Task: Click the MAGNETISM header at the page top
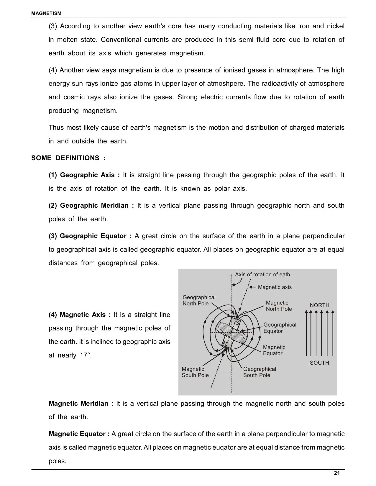(x=46, y=13)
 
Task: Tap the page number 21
(x=337, y=473)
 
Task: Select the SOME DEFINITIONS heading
(x=68, y=158)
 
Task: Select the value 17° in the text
(x=85, y=356)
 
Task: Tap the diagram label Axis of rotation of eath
(x=262, y=275)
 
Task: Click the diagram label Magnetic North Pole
(x=279, y=306)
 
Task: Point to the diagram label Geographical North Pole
(x=199, y=300)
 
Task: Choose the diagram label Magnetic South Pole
(x=195, y=372)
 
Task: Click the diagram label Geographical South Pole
(x=260, y=372)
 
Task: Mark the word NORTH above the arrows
(x=319, y=305)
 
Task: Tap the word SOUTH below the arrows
(x=319, y=363)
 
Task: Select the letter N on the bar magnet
(x=225, y=344)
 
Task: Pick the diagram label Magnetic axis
(x=275, y=287)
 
